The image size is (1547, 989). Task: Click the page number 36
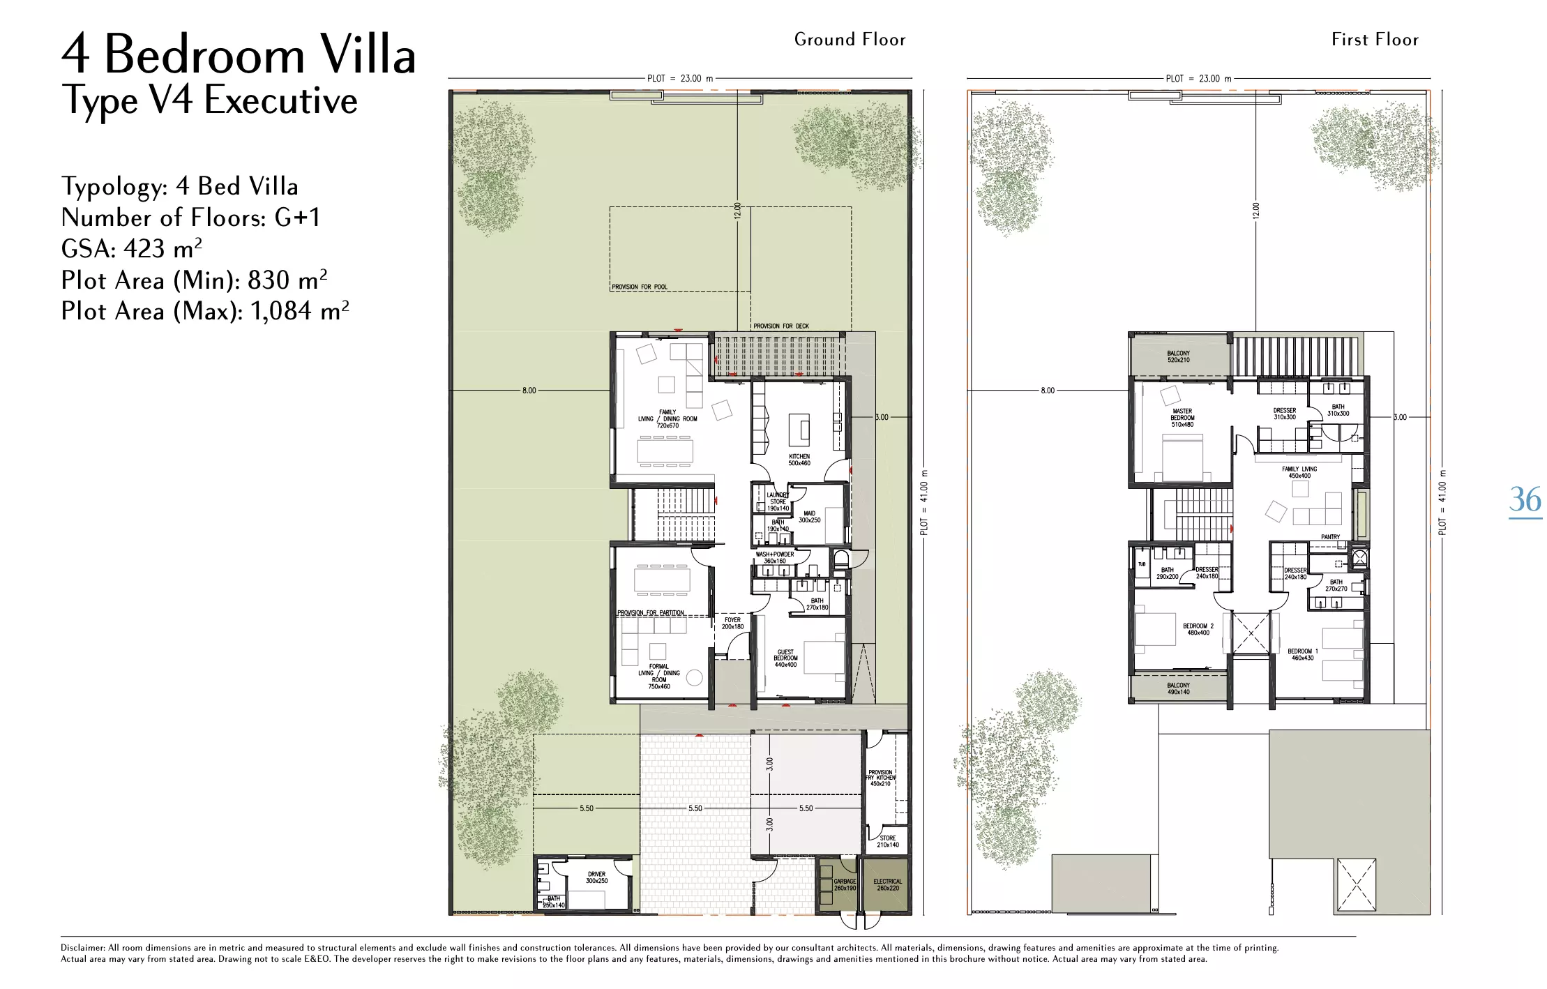click(1525, 499)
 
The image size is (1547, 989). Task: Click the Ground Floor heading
click(850, 40)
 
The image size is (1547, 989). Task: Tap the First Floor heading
click(1375, 40)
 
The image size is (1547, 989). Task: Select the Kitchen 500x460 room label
click(799, 460)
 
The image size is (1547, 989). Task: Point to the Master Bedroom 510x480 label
click(1182, 418)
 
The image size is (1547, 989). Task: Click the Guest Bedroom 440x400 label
click(785, 658)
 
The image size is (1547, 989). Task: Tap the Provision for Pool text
click(640, 287)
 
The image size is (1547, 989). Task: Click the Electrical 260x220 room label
click(887, 884)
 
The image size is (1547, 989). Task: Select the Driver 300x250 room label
click(597, 877)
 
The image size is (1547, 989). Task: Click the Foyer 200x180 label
click(732, 623)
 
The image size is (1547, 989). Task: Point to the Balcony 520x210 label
click(1179, 356)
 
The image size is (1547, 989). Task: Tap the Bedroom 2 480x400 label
click(1198, 629)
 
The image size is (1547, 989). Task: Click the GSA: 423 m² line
click(132, 249)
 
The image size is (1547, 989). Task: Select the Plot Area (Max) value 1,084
click(281, 311)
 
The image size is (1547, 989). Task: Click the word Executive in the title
click(281, 100)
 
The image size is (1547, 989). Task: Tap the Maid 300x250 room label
click(809, 517)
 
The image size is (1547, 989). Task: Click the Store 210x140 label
click(888, 841)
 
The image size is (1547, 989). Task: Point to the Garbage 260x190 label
click(845, 884)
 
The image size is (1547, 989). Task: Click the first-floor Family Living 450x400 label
click(1299, 472)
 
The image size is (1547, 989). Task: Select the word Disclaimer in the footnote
click(82, 948)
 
